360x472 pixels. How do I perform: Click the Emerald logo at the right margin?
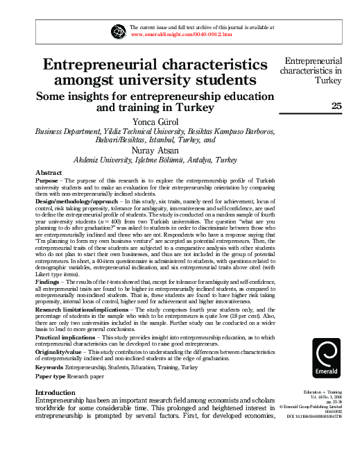pos(326,359)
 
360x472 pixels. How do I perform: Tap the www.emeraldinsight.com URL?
pos(181,33)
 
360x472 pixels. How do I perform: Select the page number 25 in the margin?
pos(336,106)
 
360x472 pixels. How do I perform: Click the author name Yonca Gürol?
pos(155,121)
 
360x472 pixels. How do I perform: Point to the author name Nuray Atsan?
pos(155,150)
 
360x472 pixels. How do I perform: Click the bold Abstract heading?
pos(49,171)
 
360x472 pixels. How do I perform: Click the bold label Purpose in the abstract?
pos(46,180)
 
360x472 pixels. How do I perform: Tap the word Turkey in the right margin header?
pos(328,80)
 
